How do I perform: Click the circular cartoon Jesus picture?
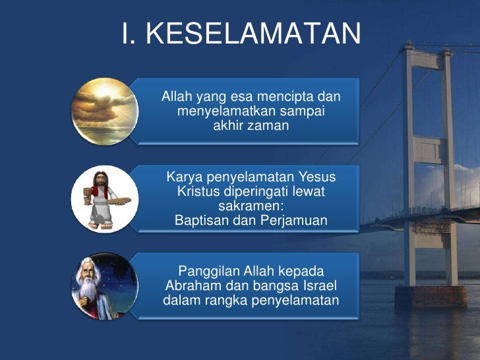click(x=104, y=198)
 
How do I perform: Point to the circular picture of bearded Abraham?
click(x=104, y=285)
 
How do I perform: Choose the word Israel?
click(x=318, y=287)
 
